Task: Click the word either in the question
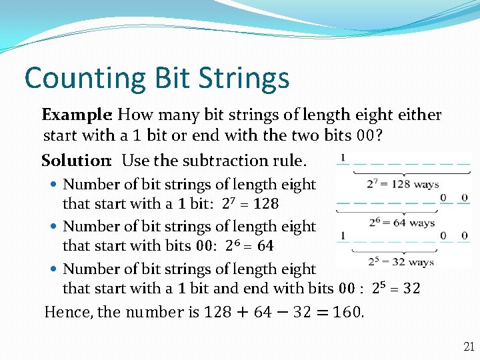[x=417, y=115]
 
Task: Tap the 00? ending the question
[x=371, y=137]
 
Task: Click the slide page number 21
[x=469, y=347]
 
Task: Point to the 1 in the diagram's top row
[x=342, y=158]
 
